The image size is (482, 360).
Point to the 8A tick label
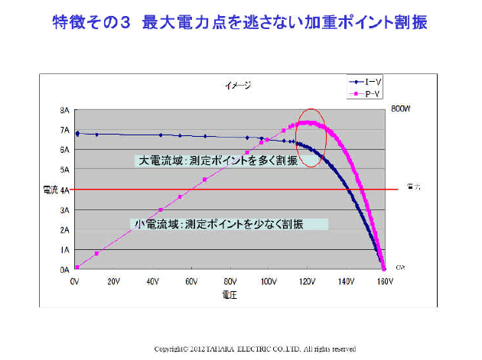(x=65, y=110)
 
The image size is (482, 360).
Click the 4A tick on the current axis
(x=65, y=190)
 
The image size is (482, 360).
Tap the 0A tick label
(x=65, y=270)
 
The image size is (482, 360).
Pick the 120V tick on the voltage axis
(x=307, y=281)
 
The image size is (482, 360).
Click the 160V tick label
(x=384, y=281)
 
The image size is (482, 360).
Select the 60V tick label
(x=191, y=281)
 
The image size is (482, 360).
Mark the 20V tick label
(x=113, y=281)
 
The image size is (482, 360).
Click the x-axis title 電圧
(x=229, y=294)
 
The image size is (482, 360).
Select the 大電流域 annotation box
(x=217, y=161)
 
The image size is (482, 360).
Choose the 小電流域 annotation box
(x=230, y=225)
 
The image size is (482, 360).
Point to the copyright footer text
(x=255, y=349)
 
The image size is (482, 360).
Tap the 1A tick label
(x=65, y=250)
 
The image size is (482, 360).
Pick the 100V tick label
(x=268, y=281)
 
